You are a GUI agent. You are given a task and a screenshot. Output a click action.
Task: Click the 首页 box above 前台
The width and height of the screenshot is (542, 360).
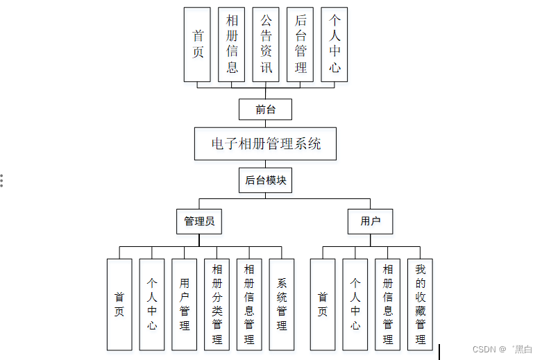(x=198, y=44)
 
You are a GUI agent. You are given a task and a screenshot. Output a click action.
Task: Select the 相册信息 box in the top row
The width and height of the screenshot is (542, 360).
(x=232, y=44)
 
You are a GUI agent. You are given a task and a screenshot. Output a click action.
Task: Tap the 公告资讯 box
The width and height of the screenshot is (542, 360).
(x=266, y=44)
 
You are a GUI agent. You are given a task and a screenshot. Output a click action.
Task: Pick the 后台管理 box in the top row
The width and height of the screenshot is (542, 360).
(x=300, y=44)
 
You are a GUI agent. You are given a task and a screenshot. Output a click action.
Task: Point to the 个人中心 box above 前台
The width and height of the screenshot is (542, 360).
(x=334, y=44)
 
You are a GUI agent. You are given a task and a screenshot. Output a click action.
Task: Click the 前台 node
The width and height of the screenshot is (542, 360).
(x=265, y=110)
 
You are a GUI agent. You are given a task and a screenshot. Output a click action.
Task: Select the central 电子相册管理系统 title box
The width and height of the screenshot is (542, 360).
(x=265, y=144)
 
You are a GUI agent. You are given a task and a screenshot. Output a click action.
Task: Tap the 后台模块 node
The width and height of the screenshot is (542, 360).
(x=265, y=180)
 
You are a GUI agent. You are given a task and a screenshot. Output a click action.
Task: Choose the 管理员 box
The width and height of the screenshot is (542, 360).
(x=198, y=222)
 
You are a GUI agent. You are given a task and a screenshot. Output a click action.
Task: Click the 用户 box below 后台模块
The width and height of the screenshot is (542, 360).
(x=370, y=222)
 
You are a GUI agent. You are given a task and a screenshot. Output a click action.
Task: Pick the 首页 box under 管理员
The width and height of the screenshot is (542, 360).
(x=119, y=305)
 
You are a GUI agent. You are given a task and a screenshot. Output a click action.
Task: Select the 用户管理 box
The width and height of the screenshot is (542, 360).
(x=184, y=305)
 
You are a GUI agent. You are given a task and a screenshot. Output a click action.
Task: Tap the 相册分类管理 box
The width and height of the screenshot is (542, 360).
(x=217, y=305)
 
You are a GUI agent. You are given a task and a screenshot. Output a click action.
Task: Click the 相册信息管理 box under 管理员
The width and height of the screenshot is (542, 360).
(x=249, y=305)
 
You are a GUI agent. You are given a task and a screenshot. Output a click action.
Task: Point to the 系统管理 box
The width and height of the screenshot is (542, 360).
(x=282, y=305)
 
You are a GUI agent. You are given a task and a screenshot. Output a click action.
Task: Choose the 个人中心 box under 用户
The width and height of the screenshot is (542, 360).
(x=355, y=305)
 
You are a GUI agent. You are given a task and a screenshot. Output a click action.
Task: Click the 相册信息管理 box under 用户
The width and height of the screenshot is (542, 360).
(x=388, y=305)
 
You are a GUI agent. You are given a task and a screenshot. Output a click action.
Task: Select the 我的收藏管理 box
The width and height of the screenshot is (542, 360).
(x=421, y=305)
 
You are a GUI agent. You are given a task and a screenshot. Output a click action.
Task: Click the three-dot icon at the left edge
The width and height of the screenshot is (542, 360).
(x=2, y=180)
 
